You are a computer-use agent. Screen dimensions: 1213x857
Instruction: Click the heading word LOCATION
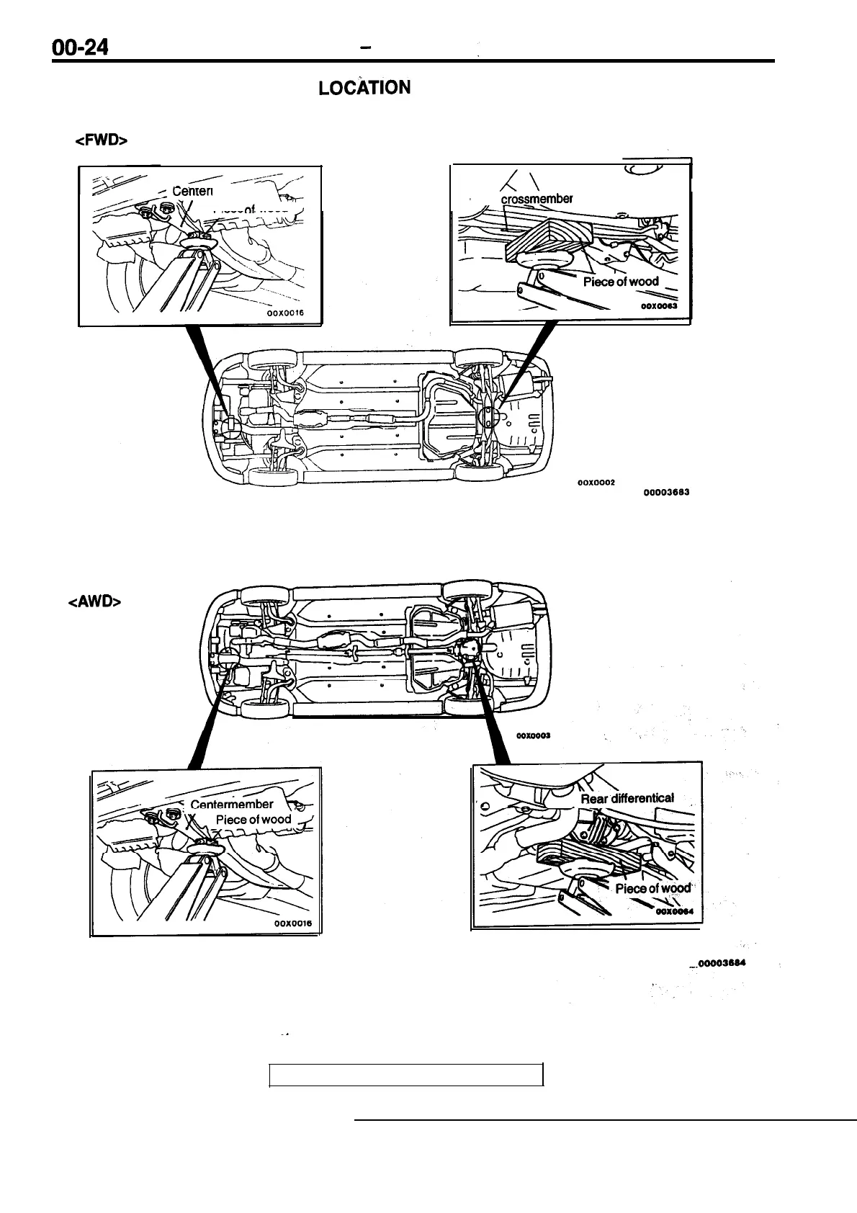point(364,88)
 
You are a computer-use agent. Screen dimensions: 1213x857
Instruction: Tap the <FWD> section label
point(101,141)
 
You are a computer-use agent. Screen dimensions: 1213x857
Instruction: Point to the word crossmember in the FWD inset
point(537,199)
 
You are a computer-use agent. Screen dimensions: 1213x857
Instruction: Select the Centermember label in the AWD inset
point(232,805)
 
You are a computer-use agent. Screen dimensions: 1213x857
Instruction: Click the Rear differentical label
point(627,798)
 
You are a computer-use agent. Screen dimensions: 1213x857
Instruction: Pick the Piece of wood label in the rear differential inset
point(652,888)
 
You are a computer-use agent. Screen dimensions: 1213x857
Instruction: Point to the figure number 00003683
point(667,493)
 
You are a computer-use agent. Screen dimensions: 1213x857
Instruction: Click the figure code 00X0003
point(534,735)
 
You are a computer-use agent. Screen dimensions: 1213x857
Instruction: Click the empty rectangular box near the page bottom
point(405,1074)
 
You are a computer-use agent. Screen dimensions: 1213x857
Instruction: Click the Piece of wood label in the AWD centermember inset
point(253,820)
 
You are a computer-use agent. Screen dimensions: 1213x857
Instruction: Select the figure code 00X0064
point(675,910)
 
